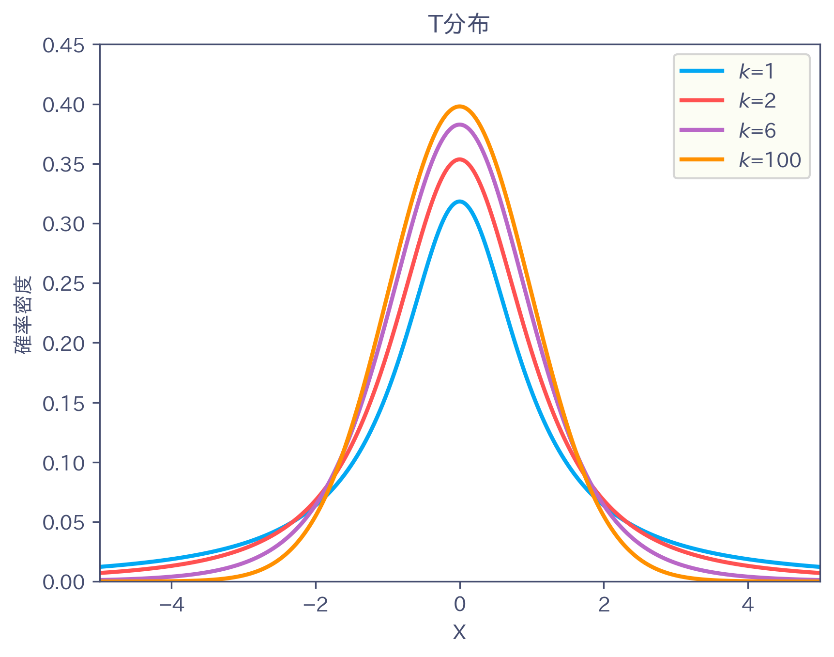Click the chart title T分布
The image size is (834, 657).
pos(459,24)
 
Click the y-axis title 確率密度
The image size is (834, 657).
pos(23,315)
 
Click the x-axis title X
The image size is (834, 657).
pos(459,632)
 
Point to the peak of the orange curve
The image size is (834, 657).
pos(459,106)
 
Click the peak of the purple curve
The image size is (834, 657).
pos(459,125)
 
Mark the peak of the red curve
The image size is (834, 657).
pos(459,159)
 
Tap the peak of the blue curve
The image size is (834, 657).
pos(459,202)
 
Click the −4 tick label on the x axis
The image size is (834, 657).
pos(171,605)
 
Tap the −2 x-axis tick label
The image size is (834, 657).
pos(316,605)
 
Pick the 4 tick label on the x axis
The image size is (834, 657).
pos(748,605)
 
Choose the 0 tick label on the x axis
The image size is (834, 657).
pos(459,605)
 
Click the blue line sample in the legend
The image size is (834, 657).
pos(702,71)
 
